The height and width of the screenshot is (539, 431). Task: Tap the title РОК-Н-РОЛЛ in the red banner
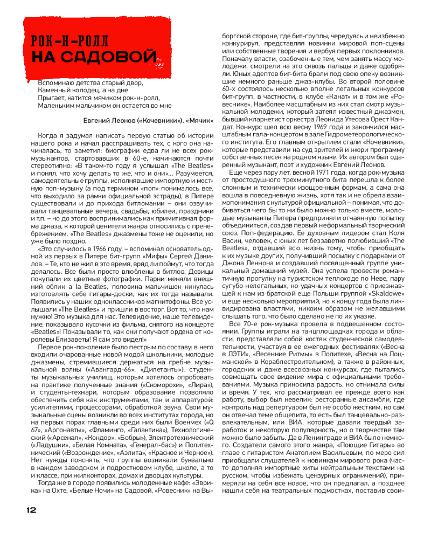coord(70,40)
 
